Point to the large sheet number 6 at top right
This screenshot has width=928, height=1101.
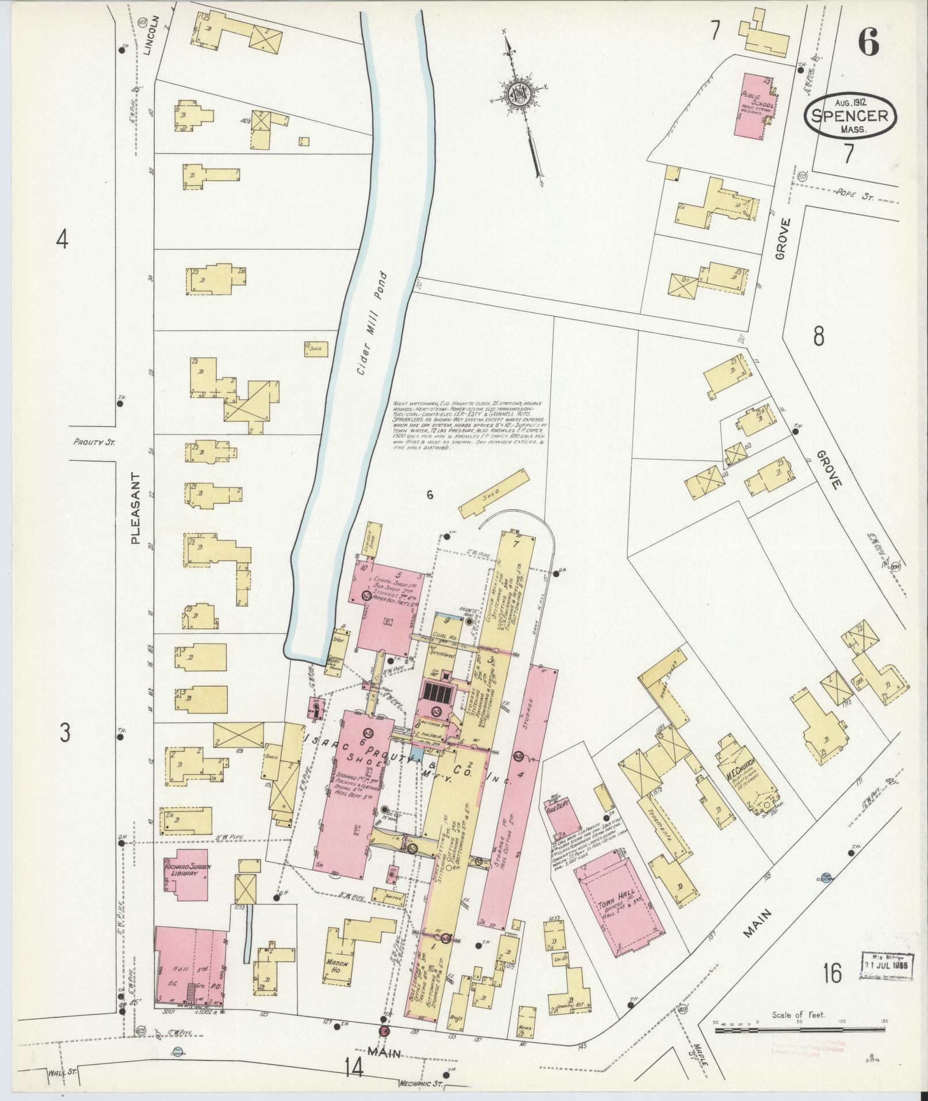[869, 41]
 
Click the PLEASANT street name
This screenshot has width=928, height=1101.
[135, 508]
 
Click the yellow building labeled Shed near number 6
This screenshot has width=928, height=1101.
[494, 490]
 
